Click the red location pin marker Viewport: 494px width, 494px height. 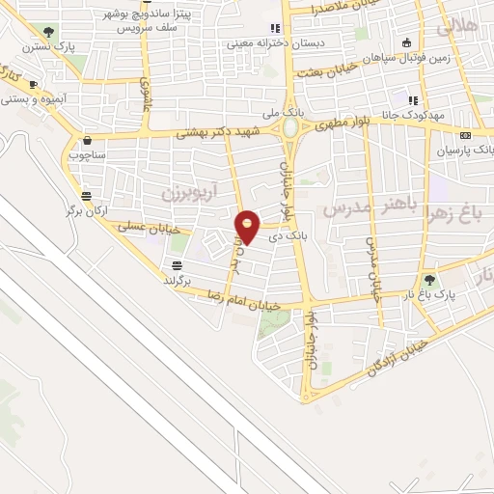(248, 227)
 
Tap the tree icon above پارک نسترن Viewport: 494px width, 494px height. (49, 32)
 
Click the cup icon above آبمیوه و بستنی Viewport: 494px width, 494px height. (35, 84)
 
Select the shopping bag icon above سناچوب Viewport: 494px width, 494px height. (87, 138)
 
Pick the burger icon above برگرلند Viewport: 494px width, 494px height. (178, 264)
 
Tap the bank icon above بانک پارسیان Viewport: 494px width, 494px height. (466, 135)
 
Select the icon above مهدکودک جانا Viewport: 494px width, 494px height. (412, 100)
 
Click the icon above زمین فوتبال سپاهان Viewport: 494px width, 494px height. (406, 41)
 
